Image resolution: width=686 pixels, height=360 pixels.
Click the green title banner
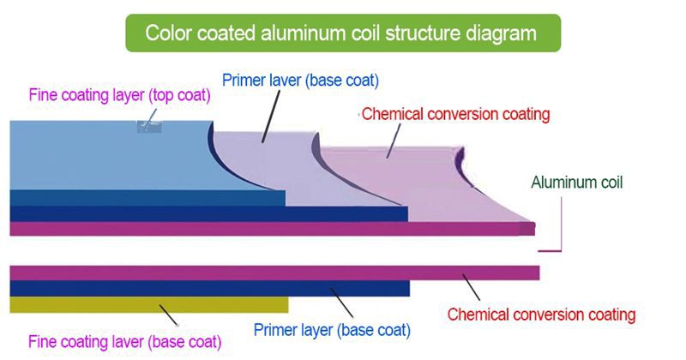point(343,33)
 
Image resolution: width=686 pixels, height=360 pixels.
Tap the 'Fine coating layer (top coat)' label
point(119,95)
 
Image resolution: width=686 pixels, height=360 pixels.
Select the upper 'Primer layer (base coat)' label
point(301,81)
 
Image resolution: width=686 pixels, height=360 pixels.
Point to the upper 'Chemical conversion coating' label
point(455,114)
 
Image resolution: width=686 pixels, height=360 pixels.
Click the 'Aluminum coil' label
point(576,183)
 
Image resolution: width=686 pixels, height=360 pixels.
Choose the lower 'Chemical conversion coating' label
point(541,315)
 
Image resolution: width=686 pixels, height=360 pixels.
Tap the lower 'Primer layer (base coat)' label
point(332,330)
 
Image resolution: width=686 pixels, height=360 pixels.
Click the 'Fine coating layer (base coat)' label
point(124,342)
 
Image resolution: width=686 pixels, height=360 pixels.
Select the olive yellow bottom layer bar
point(148,305)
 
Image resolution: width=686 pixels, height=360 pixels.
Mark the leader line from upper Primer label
point(271,117)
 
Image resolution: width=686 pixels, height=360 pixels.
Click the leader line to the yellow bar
point(168,315)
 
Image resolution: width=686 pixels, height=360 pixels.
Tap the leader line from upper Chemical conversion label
point(393,141)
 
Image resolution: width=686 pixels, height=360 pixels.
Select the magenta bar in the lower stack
point(274,273)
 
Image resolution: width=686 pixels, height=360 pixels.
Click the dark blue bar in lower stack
point(209,289)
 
